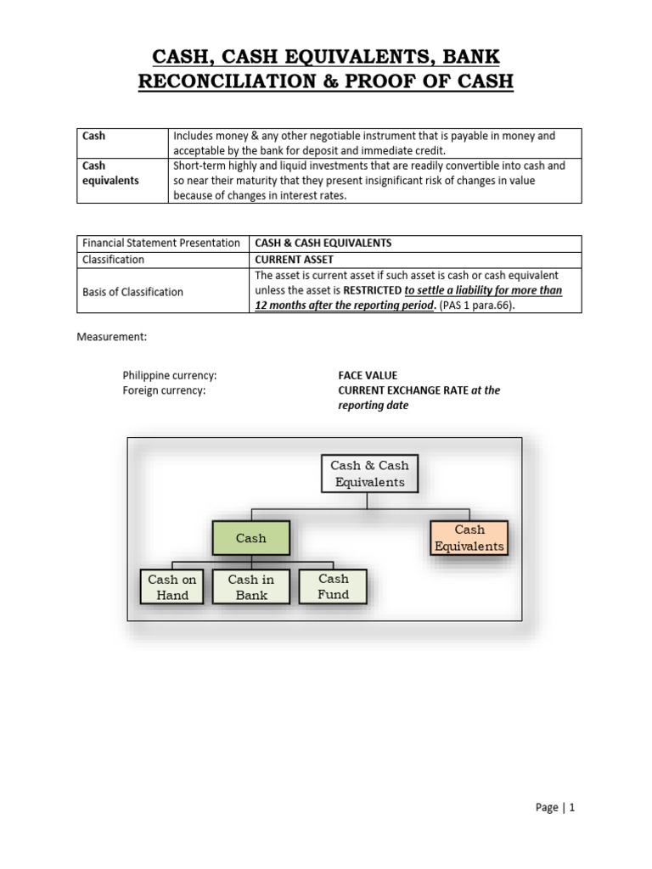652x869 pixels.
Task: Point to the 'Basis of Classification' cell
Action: [x=132, y=292]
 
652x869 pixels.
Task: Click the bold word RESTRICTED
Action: [x=371, y=291]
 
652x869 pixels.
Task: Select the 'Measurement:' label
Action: [x=112, y=337]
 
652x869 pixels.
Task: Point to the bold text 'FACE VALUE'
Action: [x=368, y=375]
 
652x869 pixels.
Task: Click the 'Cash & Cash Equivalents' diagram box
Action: [x=369, y=474]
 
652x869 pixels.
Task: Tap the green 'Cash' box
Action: [x=250, y=538]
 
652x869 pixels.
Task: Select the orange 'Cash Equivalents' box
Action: [x=469, y=538]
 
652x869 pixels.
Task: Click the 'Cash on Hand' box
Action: [x=172, y=587]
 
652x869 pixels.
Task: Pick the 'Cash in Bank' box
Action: [x=251, y=587]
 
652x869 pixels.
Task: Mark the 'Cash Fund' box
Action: [x=334, y=586]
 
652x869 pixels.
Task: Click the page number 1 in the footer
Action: [x=572, y=808]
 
